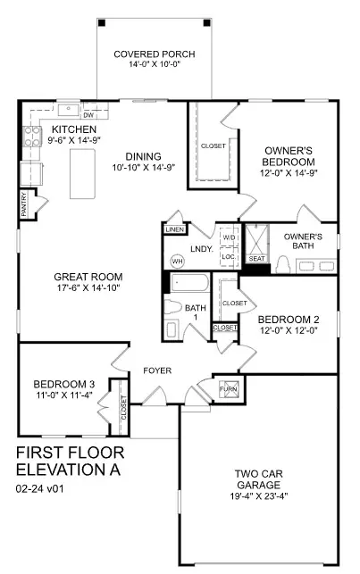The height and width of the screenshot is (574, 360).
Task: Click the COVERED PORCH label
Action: (x=155, y=54)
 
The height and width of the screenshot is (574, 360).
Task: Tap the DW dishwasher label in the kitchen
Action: (x=88, y=115)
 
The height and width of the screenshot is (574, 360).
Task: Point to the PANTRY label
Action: (x=24, y=205)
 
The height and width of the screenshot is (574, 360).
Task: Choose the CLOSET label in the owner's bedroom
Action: (x=213, y=145)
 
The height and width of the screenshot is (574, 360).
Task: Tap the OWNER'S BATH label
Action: (x=303, y=241)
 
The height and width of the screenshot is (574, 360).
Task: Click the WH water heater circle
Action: (x=177, y=261)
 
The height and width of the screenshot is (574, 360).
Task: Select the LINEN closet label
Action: (x=173, y=229)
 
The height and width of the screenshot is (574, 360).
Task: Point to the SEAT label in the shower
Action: (x=257, y=258)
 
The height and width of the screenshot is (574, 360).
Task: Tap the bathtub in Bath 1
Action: (x=188, y=287)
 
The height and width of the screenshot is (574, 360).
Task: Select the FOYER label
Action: (x=157, y=370)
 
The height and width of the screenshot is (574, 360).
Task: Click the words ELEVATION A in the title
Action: (x=67, y=468)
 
